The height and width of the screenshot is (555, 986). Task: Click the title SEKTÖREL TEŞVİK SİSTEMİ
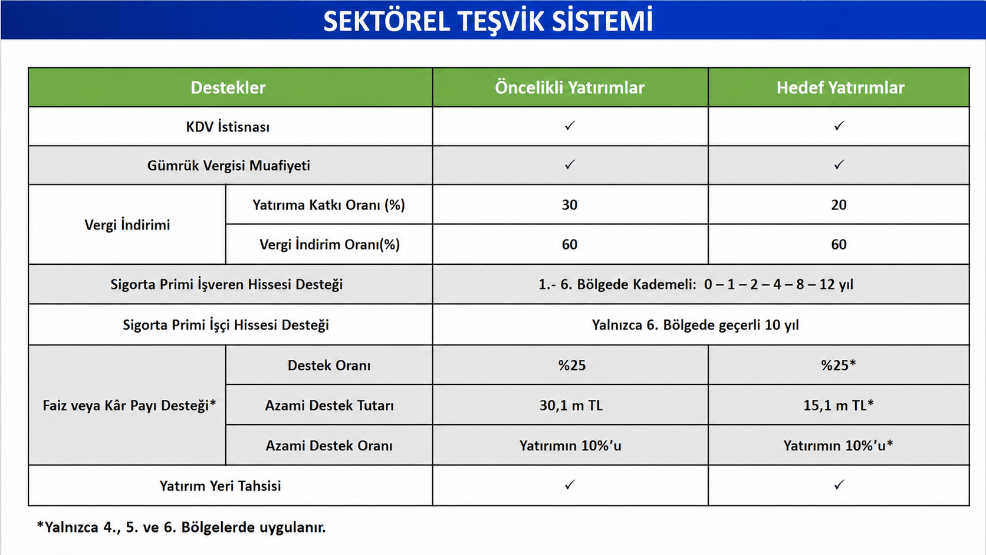point(488,21)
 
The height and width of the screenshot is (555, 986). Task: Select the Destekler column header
point(228,88)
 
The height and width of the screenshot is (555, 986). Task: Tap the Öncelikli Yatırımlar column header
point(570,88)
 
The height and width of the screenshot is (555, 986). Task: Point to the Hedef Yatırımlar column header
point(840,88)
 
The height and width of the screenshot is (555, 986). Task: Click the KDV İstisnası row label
point(228,127)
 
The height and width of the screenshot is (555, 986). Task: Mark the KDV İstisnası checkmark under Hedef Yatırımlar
point(839,126)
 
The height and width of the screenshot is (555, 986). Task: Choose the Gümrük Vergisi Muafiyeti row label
point(228,166)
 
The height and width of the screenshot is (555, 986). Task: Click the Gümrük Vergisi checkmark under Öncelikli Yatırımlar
point(570,165)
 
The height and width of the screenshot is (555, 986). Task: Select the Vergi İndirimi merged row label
point(127,225)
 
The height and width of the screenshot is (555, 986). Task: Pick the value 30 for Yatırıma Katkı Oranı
point(570,205)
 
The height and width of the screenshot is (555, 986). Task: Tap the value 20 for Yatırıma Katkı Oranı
point(839,205)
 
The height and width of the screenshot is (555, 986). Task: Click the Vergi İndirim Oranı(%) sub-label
point(330,244)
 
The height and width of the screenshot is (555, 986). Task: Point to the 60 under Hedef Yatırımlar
point(839,244)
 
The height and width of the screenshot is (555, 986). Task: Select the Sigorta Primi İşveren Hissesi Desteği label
point(226,284)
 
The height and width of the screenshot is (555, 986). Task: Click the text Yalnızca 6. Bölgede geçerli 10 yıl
point(695,325)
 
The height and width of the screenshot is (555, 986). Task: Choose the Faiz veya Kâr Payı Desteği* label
point(129,405)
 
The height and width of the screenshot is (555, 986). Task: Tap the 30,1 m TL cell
point(571,405)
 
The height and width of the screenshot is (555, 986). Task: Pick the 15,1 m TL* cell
point(839,405)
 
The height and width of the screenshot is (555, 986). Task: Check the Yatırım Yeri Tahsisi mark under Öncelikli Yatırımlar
point(570,485)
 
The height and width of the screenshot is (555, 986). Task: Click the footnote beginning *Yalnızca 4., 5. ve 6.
point(182,527)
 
